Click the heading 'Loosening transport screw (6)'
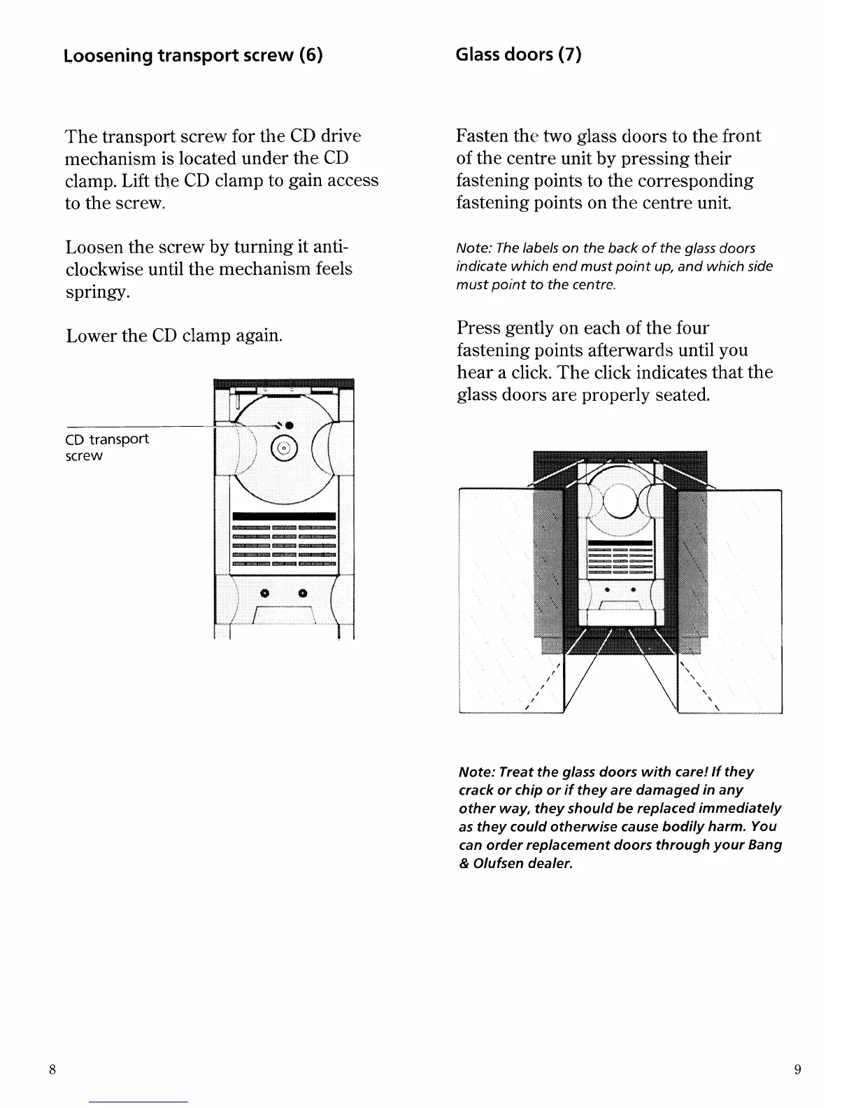tap(194, 55)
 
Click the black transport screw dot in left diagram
tap(289, 426)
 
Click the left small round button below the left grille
tap(264, 593)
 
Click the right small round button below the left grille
tap(303, 593)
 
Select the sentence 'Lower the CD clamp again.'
tap(174, 336)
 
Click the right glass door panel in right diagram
tap(741, 602)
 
